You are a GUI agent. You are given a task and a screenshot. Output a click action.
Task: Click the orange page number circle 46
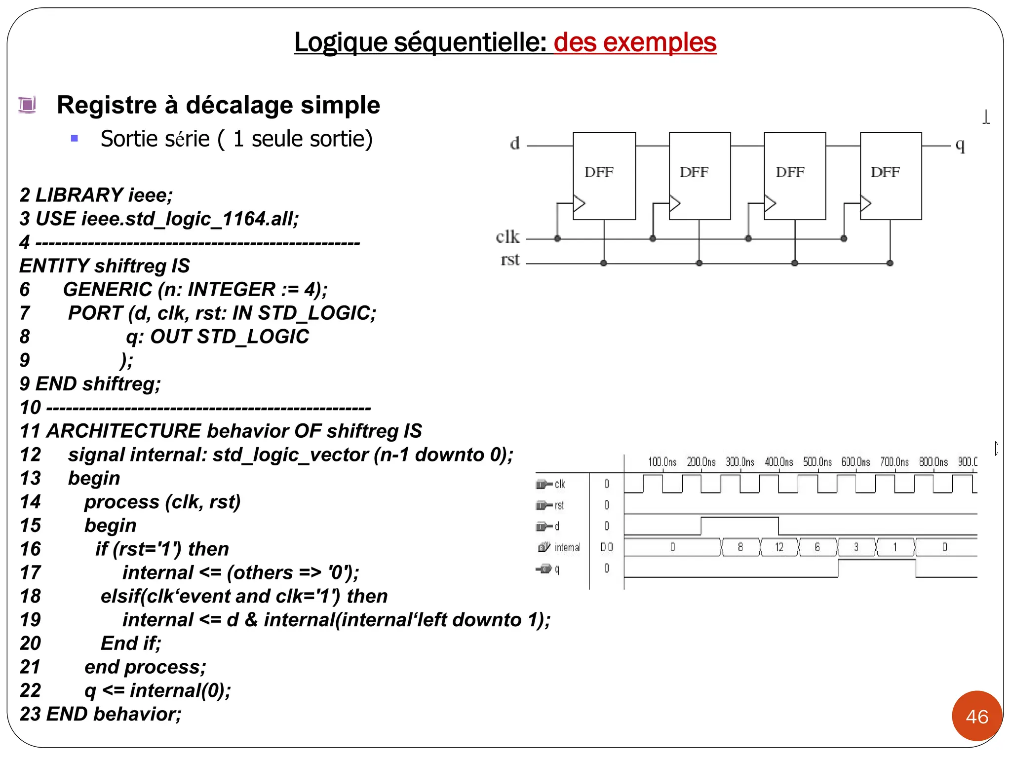pos(977,716)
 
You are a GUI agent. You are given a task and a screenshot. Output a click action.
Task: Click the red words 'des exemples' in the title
pos(635,42)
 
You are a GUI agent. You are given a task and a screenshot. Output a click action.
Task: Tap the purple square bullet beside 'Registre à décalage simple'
pos(28,105)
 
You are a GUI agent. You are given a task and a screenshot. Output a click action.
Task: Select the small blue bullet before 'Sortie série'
pos(75,139)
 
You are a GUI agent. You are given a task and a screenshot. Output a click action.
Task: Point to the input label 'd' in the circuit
pos(515,144)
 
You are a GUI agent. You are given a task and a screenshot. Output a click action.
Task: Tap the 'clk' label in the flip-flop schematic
pos(507,237)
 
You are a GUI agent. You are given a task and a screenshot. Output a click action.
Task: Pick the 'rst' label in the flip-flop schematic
pos(510,260)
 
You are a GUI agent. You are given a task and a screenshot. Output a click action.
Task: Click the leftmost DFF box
pos(604,176)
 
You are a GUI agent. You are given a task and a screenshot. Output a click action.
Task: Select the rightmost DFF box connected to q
pos(891,176)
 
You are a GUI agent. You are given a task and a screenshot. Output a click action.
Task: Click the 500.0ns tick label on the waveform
pos(817,462)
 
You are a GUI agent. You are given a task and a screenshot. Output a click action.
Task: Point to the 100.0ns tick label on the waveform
pos(662,462)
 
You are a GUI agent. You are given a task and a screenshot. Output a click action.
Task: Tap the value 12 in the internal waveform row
pos(779,547)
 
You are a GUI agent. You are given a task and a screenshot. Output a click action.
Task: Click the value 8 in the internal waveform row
pos(740,547)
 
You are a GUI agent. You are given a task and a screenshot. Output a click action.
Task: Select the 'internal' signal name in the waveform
pos(567,547)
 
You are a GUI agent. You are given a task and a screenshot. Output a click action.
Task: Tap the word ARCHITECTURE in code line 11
pos(123,431)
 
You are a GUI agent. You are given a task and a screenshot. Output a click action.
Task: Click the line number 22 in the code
pos(30,691)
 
